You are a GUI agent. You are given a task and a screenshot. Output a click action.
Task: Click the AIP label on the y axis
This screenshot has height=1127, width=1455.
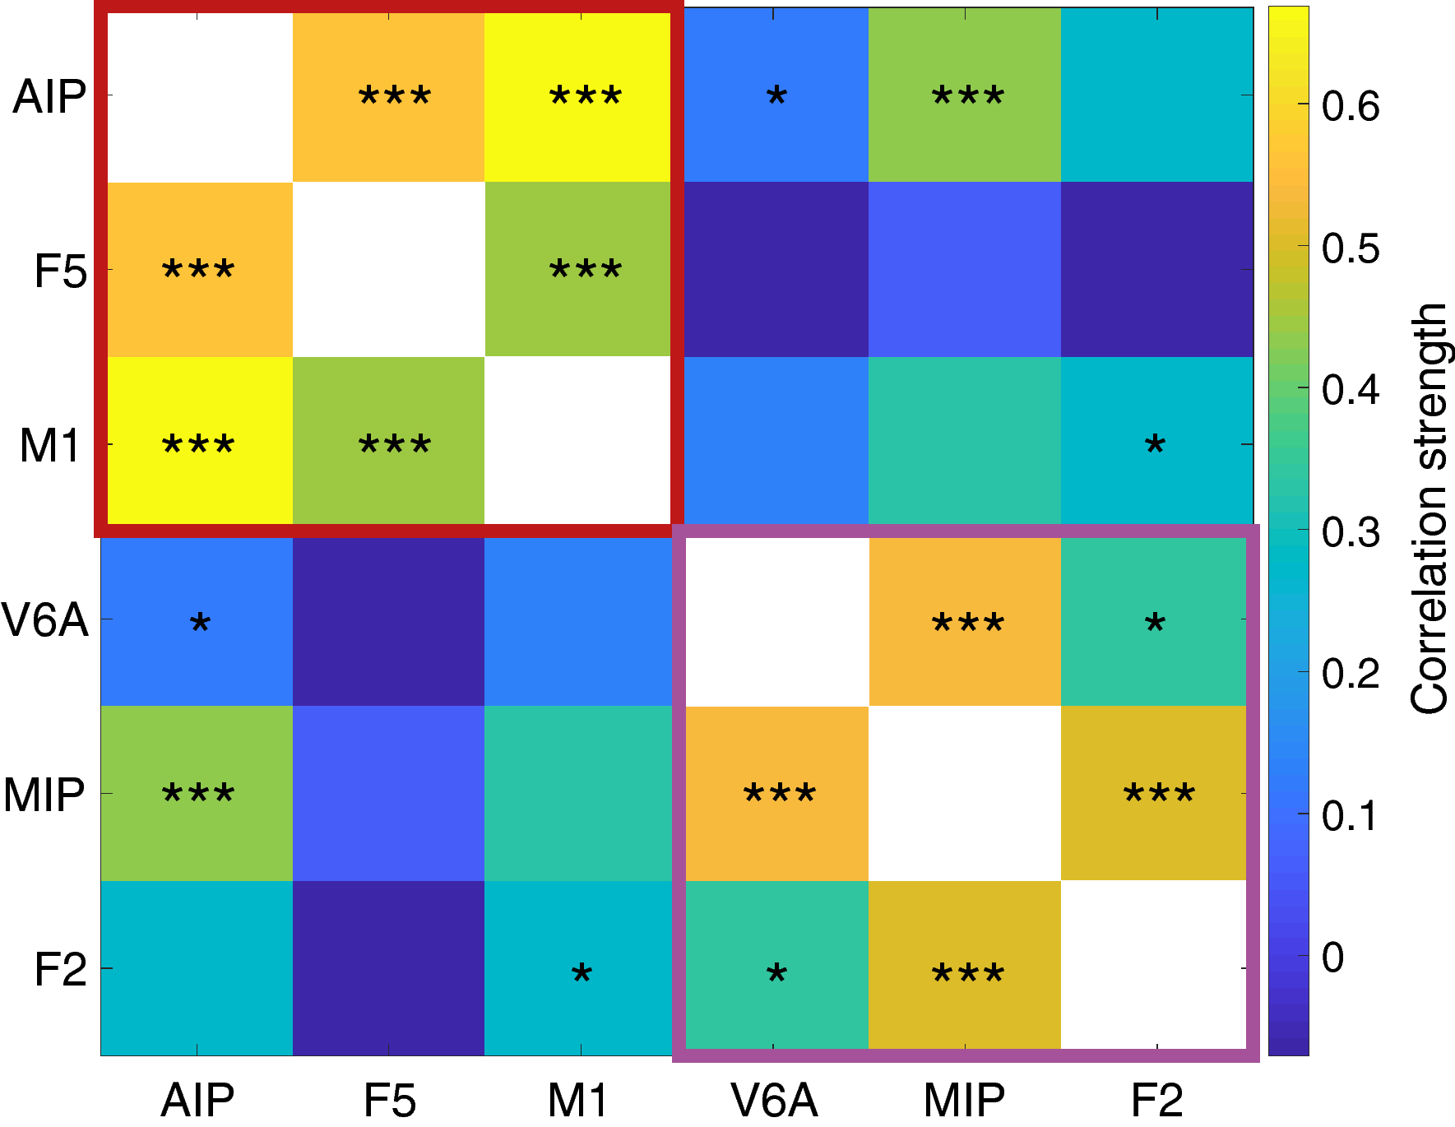(49, 97)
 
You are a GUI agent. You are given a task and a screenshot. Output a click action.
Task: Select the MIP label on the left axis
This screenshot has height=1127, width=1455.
(44, 795)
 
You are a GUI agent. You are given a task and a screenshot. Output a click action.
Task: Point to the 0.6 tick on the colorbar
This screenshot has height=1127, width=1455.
(1350, 105)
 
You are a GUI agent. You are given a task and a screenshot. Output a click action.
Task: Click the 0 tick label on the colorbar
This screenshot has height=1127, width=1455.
(1332, 958)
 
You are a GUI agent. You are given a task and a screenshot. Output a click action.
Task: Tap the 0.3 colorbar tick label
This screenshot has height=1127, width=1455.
(1350, 532)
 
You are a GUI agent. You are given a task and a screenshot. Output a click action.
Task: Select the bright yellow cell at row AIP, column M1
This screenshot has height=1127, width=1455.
(581, 97)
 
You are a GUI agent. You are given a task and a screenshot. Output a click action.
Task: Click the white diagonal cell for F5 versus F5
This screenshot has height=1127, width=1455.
(388, 269)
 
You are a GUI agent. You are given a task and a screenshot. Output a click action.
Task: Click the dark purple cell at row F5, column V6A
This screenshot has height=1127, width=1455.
(773, 269)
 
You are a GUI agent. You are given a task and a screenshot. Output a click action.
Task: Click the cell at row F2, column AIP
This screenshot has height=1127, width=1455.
(197, 968)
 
